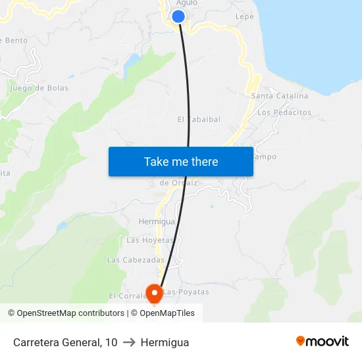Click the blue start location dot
[x=178, y=17]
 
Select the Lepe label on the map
[x=244, y=16]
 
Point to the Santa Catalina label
[x=280, y=96]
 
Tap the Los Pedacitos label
[x=284, y=113]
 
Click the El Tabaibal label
[x=199, y=120]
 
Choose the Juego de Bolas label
[x=39, y=88]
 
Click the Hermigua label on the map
[x=156, y=222]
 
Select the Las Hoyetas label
[x=150, y=240]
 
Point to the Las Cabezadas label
[x=136, y=260]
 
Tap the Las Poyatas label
[x=186, y=292]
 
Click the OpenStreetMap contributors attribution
[x=66, y=313]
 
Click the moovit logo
[x=323, y=341]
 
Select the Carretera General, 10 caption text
[x=65, y=342]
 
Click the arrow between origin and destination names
[x=129, y=342]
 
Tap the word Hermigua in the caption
[x=165, y=342]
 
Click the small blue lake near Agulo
[x=132, y=63]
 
